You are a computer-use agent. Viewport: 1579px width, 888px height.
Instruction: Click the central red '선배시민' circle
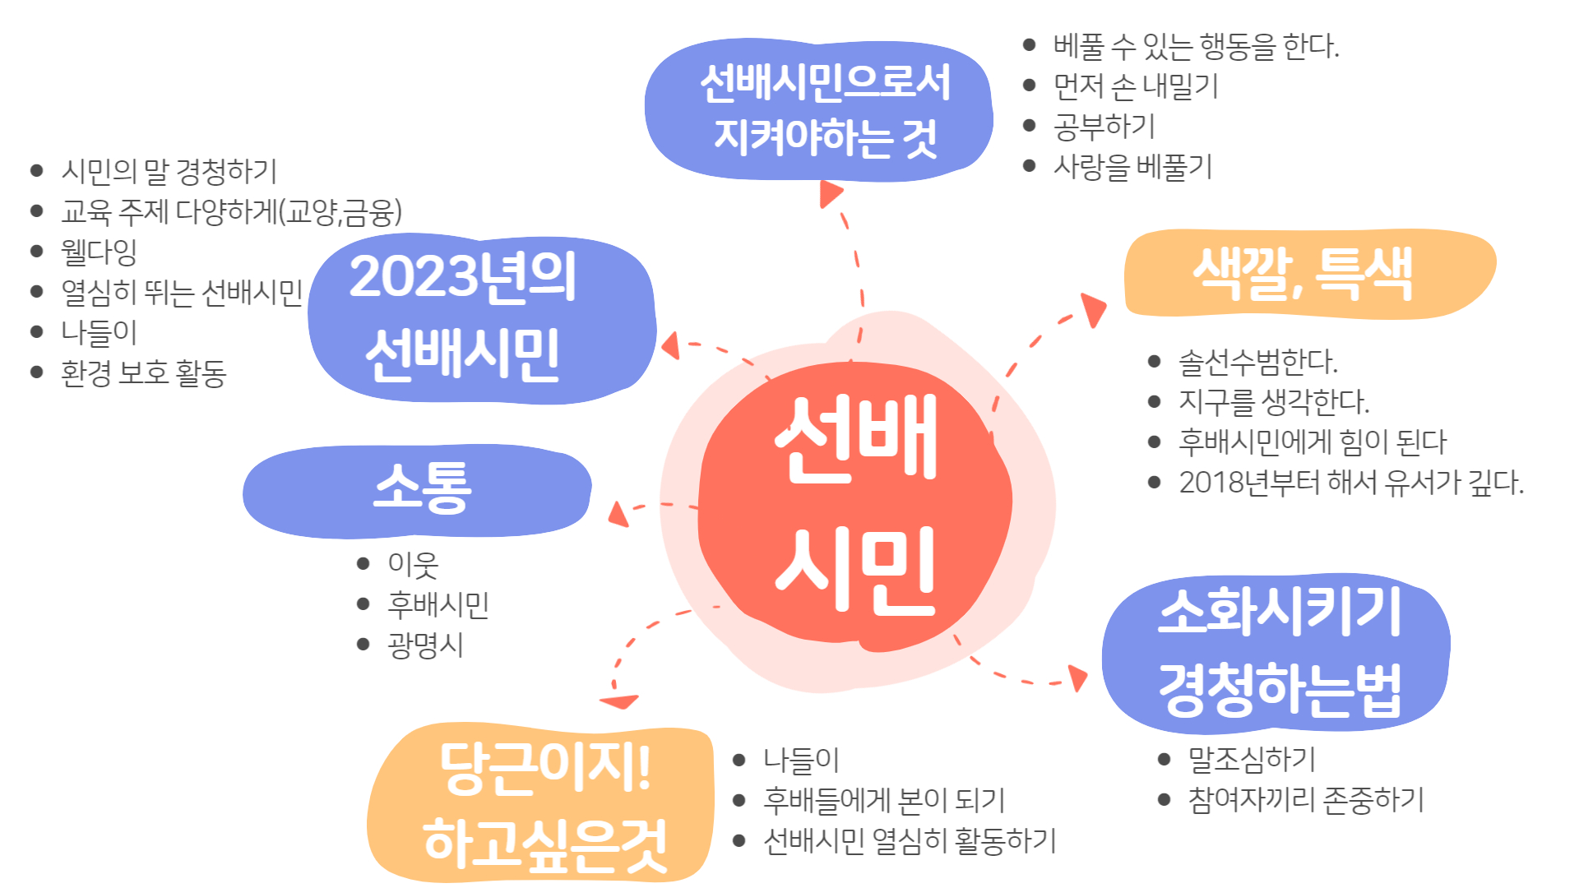855,502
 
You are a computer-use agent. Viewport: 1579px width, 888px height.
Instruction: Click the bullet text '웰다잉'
99,252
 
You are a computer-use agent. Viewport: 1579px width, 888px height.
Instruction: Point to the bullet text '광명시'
425,645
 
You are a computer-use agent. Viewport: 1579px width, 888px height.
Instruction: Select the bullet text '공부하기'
1104,126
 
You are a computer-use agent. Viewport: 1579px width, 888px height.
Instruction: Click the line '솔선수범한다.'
1258,361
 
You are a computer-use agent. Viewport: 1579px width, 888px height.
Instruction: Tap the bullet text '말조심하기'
1252,759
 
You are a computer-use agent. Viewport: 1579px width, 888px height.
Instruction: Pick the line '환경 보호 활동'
143,373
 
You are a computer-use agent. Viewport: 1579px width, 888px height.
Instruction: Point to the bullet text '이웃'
413,564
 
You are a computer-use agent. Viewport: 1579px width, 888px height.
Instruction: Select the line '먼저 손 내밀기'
1136,86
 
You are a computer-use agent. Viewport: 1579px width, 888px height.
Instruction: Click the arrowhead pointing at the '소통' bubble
618,514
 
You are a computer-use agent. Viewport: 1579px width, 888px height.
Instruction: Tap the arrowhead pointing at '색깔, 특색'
1094,308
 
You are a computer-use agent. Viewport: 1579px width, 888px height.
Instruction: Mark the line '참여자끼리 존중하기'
1306,799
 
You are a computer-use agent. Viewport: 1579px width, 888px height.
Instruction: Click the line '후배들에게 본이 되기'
884,799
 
